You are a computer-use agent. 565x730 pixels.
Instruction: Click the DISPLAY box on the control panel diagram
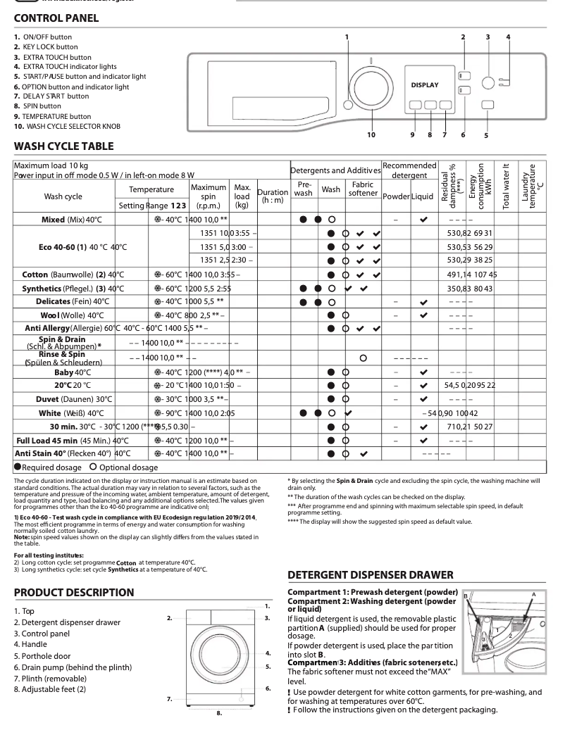click(x=425, y=85)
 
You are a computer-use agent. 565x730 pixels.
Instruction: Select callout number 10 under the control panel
click(x=371, y=134)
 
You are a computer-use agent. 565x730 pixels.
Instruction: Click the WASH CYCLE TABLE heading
click(x=63, y=147)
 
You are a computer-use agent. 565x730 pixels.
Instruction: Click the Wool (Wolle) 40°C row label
click(x=72, y=315)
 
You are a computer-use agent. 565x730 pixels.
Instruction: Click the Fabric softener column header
click(x=363, y=189)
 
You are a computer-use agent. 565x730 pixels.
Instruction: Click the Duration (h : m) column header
click(x=272, y=196)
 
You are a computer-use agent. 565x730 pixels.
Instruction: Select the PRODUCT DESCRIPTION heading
click(x=73, y=593)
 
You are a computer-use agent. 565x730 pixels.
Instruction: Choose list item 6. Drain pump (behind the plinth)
click(x=73, y=667)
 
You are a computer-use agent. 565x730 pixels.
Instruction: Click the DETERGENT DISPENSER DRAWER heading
click(x=380, y=575)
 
